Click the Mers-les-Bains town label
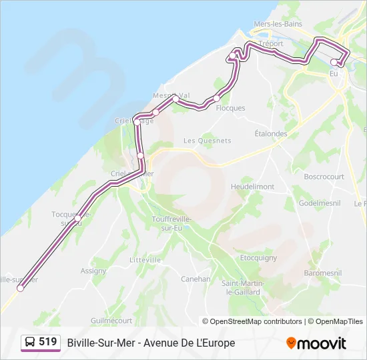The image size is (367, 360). click(278, 24)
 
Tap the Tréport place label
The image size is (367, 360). click(270, 44)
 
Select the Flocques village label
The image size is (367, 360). click(231, 108)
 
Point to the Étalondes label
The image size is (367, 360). click(271, 133)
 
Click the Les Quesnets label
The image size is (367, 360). click(207, 141)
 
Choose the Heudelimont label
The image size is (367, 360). click(252, 187)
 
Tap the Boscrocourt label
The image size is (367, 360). click(324, 177)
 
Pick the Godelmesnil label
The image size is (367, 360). click(320, 203)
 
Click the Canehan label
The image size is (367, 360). click(196, 279)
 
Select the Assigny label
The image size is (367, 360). click(93, 271)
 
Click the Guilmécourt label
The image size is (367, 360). click(111, 320)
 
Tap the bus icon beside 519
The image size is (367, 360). click(30, 343)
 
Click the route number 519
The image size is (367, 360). click(48, 342)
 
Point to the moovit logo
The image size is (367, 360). click(316, 343)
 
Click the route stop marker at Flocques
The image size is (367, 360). click(216, 99)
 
